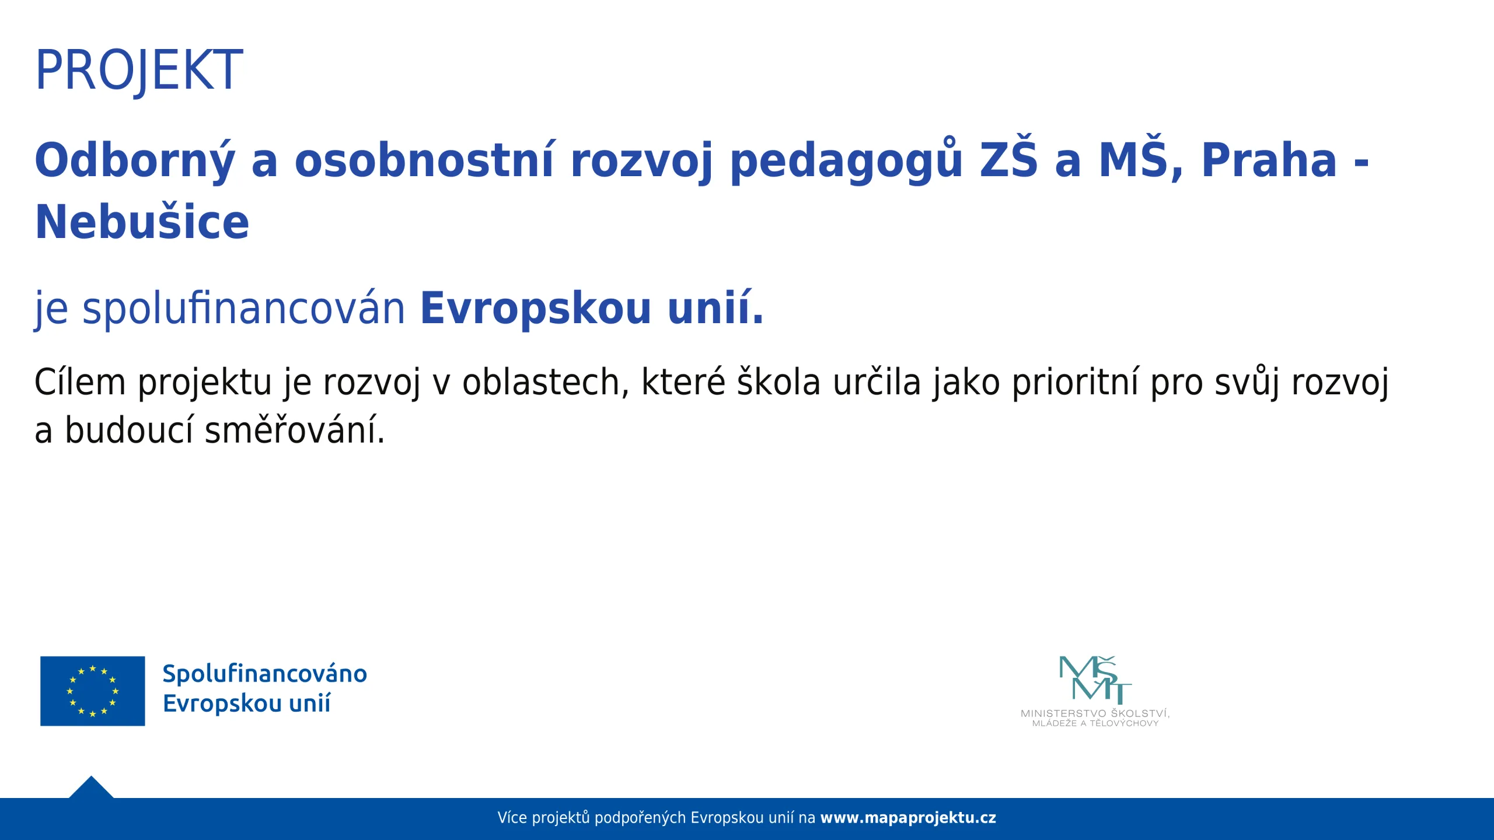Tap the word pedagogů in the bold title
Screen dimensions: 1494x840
click(846, 160)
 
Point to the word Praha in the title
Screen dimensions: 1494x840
click(1269, 160)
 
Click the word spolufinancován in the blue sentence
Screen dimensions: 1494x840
click(243, 309)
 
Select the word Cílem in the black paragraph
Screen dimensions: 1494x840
click(80, 382)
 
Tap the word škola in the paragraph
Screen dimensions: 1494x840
click(779, 382)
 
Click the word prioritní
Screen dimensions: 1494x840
click(1074, 383)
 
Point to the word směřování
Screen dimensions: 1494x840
click(295, 430)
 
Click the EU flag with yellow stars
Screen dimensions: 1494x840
click(92, 691)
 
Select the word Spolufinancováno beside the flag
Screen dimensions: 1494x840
click(264, 674)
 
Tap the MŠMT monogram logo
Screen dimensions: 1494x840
click(1095, 680)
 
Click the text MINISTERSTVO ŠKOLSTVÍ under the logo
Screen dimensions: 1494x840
click(1095, 713)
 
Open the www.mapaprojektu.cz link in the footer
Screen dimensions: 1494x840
click(908, 818)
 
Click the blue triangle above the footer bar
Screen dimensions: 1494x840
click(91, 788)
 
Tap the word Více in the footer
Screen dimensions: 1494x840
click(512, 818)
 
